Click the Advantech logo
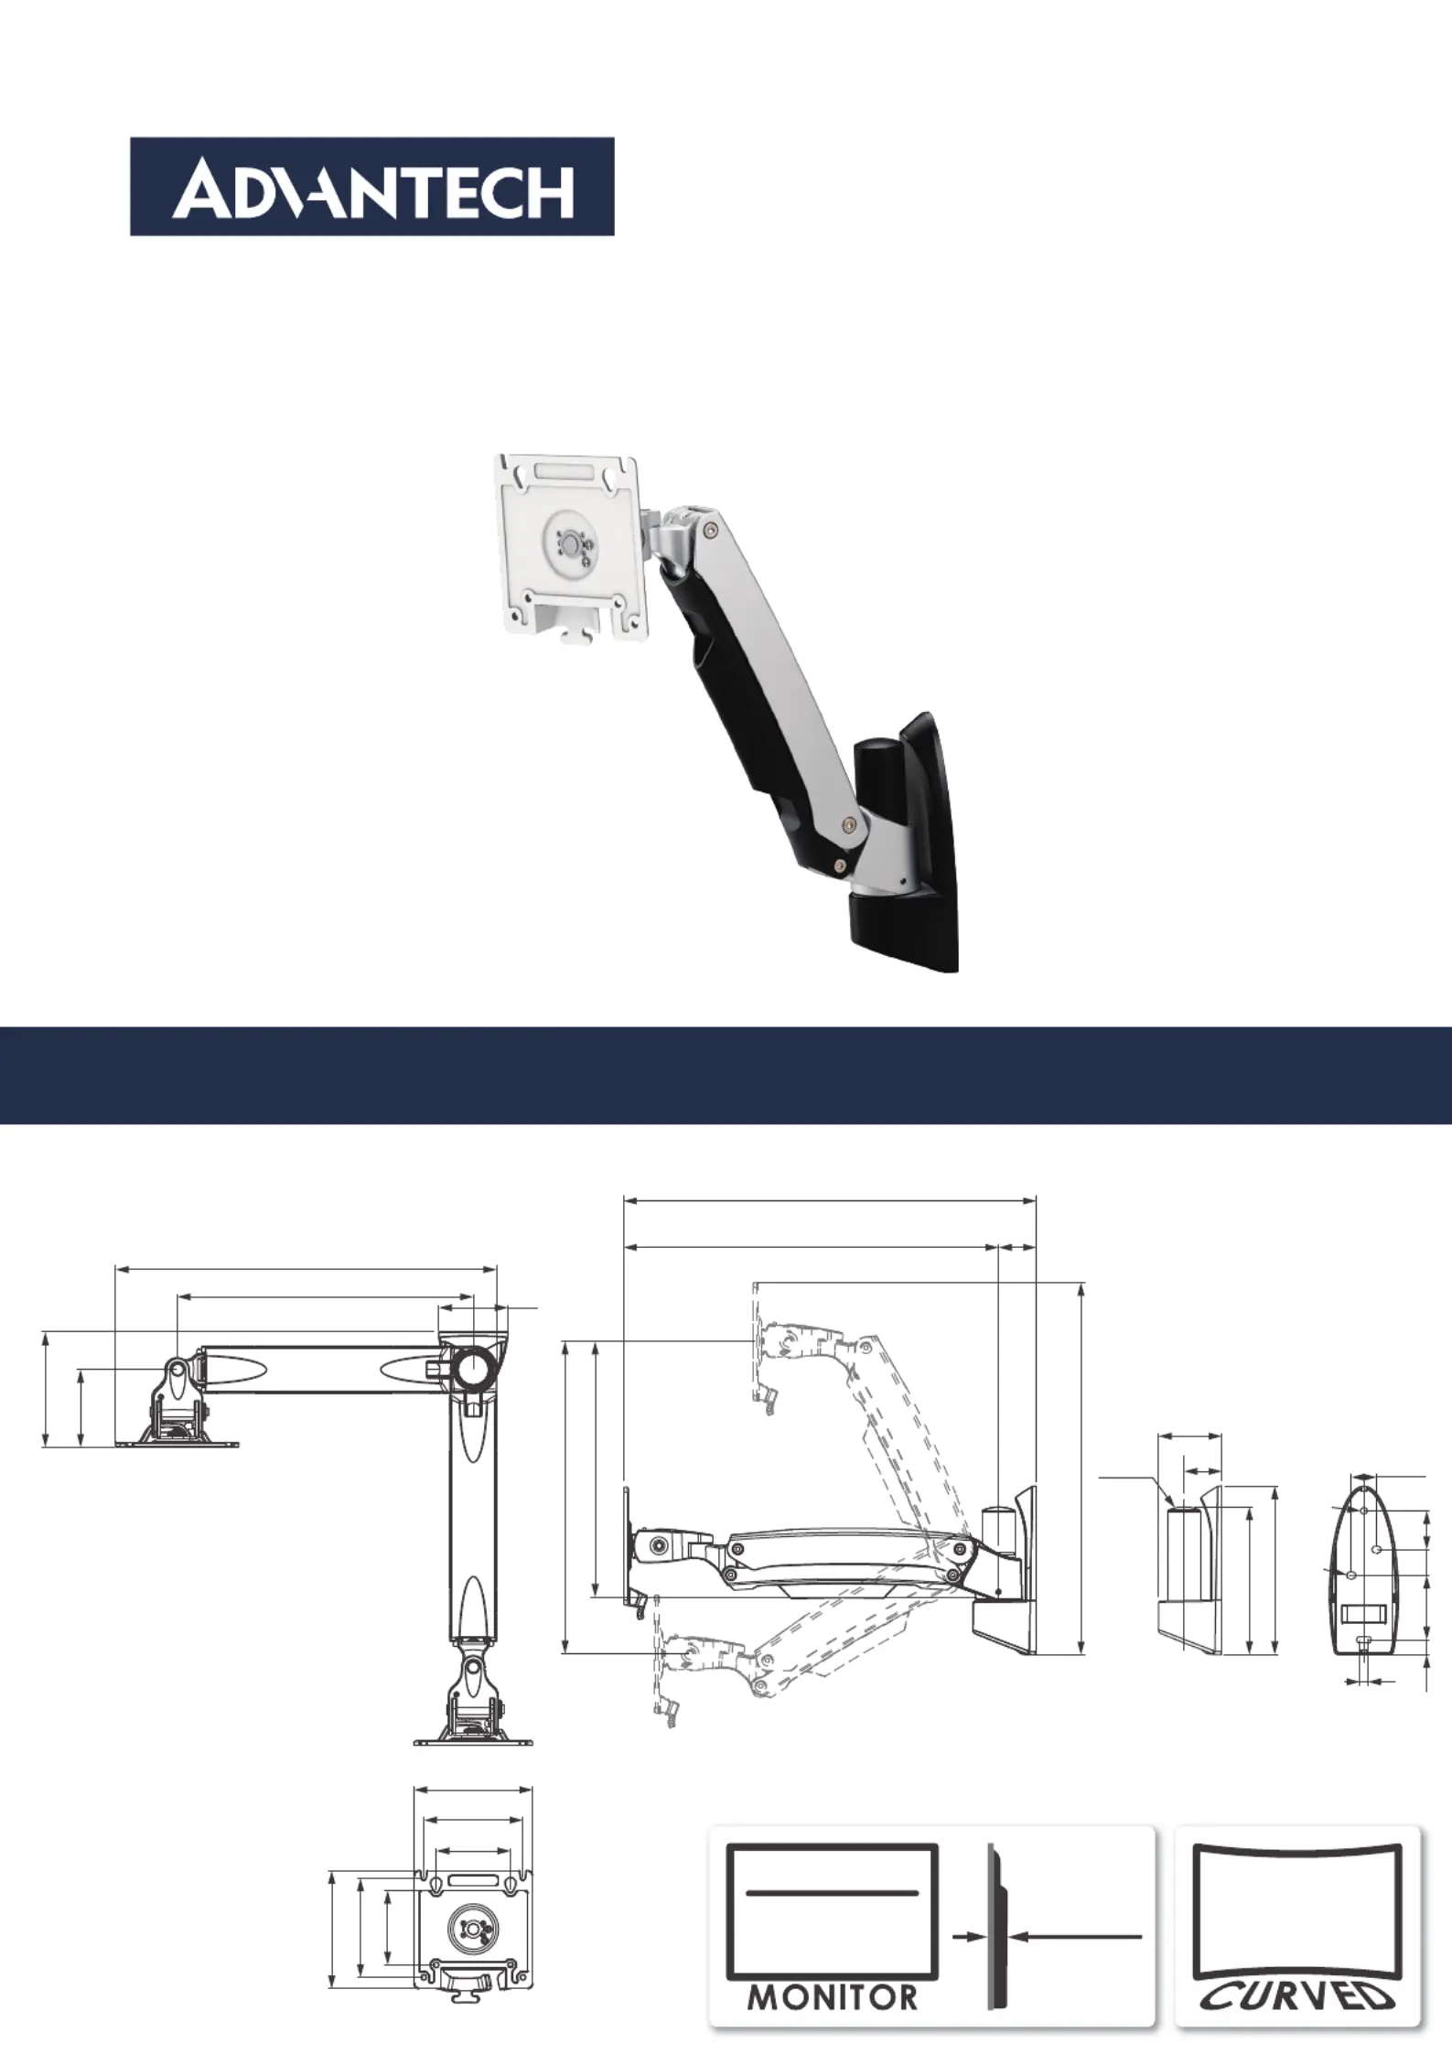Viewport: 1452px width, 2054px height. (371, 187)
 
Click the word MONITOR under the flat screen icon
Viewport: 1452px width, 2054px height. (832, 1997)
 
